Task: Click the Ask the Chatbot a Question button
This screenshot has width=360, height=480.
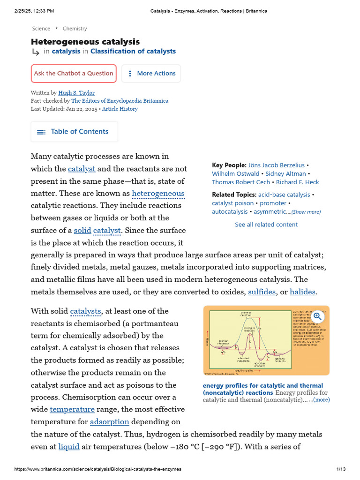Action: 74,74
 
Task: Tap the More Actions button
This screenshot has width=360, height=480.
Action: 151,74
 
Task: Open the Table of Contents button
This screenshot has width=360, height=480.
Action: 74,132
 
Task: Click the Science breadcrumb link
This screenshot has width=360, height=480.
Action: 41,29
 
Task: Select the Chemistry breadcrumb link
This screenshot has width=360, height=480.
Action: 75,29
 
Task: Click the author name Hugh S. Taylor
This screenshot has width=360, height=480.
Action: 76,93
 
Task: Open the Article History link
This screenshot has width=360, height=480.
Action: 120,109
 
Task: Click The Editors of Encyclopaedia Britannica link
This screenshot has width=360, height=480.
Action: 120,101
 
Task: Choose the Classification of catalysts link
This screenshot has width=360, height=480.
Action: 133,52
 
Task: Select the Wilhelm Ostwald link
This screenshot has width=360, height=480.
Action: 235,174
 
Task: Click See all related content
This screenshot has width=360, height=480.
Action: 266,225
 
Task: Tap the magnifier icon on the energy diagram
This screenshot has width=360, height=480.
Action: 318,316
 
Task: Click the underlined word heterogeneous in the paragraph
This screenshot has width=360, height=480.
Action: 158,194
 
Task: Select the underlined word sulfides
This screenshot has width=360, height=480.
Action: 262,292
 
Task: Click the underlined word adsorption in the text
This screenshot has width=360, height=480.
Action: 109,422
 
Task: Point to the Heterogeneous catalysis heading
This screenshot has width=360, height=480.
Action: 85,42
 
